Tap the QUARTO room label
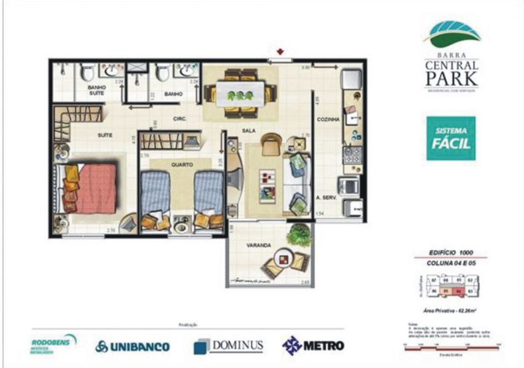[182, 164]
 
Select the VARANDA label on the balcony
[258, 245]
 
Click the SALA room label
[249, 131]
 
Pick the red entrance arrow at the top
[280, 52]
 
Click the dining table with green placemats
[240, 94]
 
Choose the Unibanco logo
[133, 347]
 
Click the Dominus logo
[228, 346]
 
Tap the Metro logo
[313, 345]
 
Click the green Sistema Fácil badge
[450, 139]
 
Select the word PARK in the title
[451, 79]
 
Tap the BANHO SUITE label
[97, 90]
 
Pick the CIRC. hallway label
[180, 118]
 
